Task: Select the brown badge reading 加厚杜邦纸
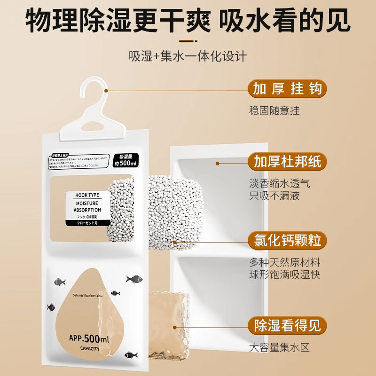(287, 162)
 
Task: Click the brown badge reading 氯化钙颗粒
(287, 241)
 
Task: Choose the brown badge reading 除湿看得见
(287, 325)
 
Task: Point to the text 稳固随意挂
(274, 111)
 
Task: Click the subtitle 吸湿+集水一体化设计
(188, 57)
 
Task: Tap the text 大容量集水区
(280, 348)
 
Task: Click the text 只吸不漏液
(274, 196)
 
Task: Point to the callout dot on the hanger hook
(107, 90)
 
